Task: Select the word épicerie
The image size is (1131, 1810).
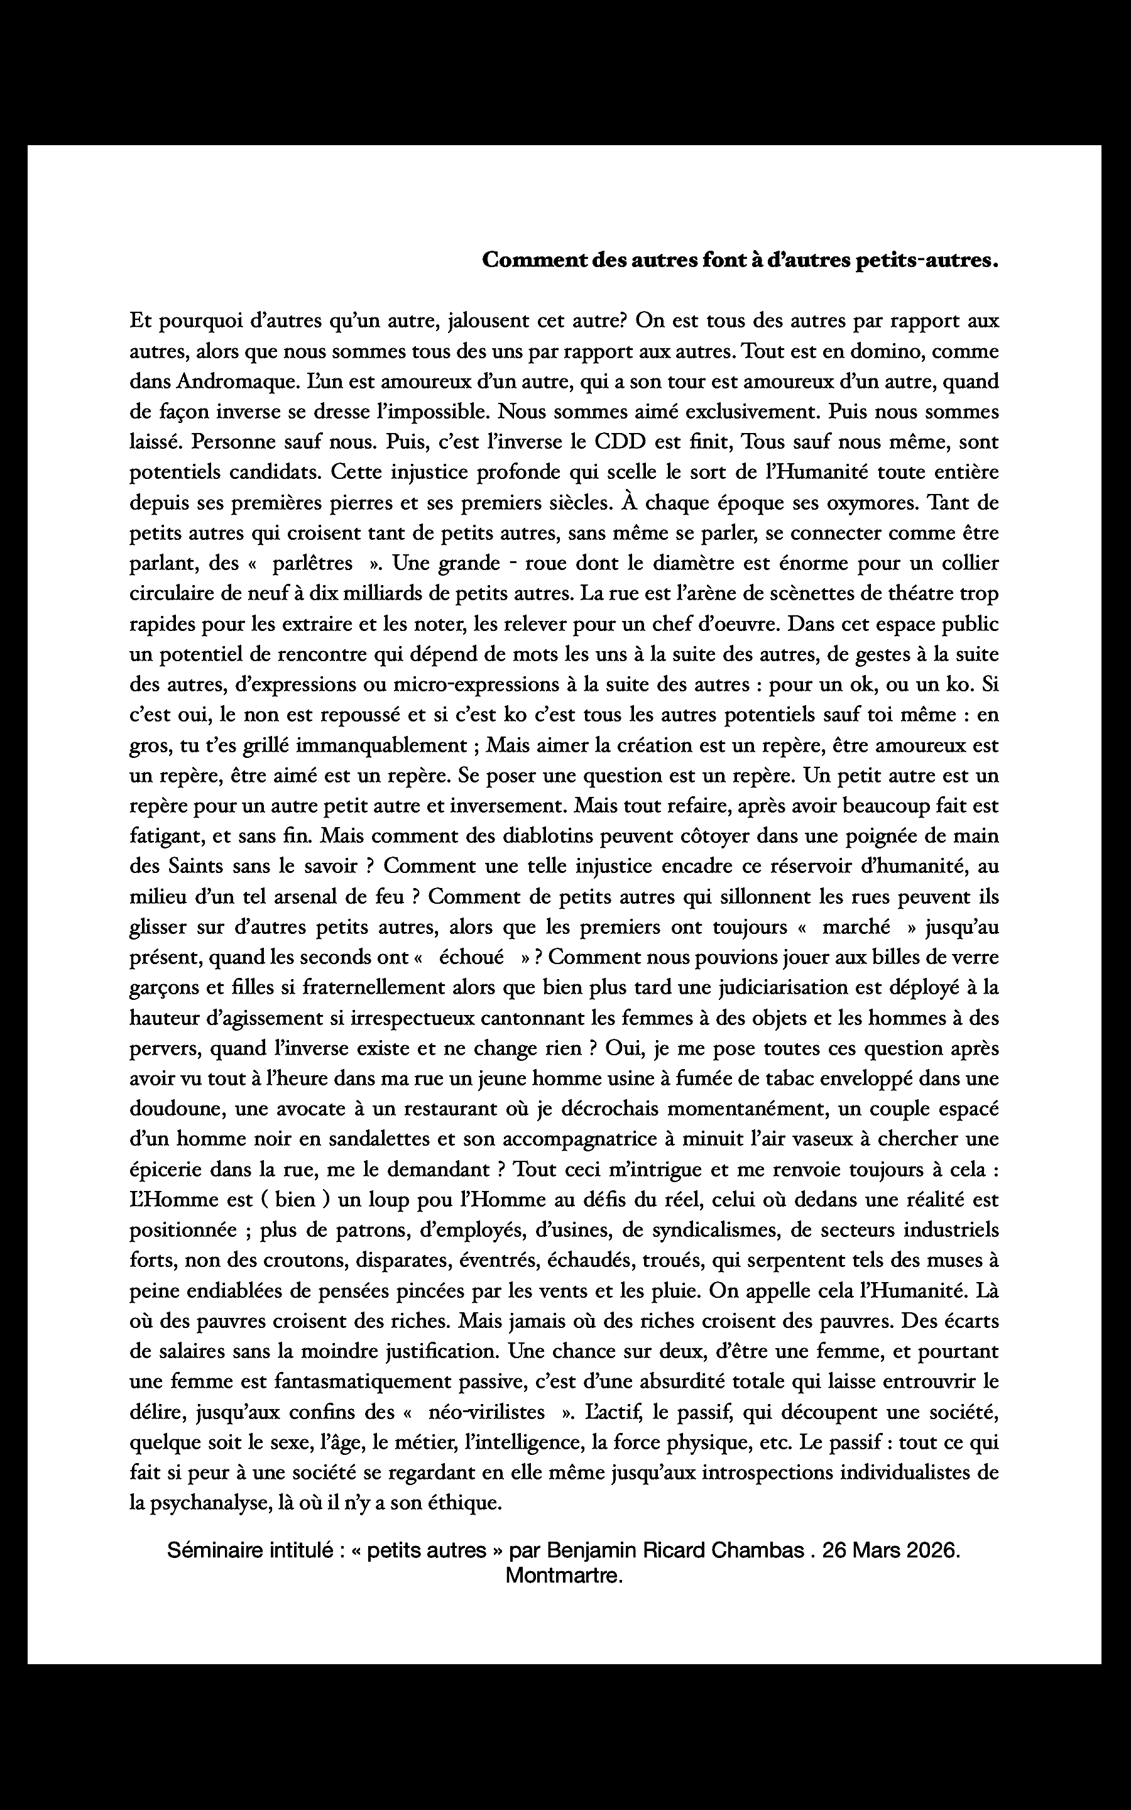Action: (166, 1169)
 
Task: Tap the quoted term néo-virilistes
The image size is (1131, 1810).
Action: (486, 1412)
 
